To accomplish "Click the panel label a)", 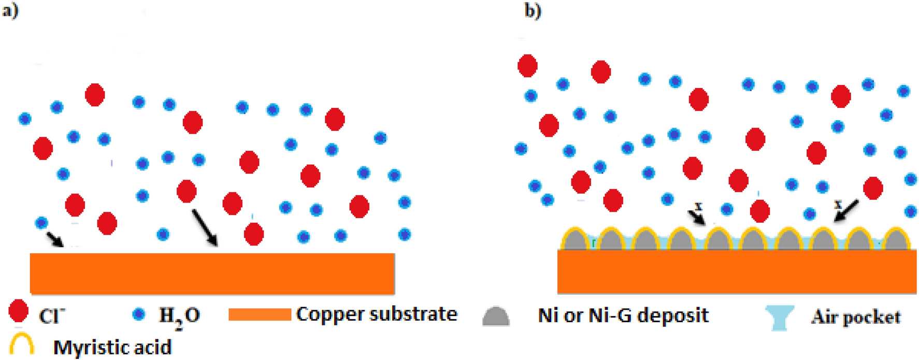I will (x=10, y=10).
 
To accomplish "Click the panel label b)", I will (x=533, y=10).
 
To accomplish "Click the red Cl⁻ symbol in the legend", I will (x=19, y=311).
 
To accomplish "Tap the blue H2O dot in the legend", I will (x=138, y=314).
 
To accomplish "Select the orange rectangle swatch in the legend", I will (x=260, y=314).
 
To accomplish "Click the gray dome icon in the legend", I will (x=496, y=316).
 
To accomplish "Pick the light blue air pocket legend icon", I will (x=779, y=316).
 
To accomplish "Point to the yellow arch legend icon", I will (x=22, y=344).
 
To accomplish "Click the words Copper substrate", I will (x=377, y=314).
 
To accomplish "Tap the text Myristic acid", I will (x=112, y=347).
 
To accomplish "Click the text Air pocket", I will (x=856, y=316).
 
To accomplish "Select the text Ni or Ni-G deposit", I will (x=623, y=315).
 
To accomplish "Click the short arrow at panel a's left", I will (x=54, y=239).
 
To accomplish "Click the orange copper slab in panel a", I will (x=212, y=273).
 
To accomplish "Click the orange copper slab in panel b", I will (x=737, y=271).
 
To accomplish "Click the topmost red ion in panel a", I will (x=95, y=95).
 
